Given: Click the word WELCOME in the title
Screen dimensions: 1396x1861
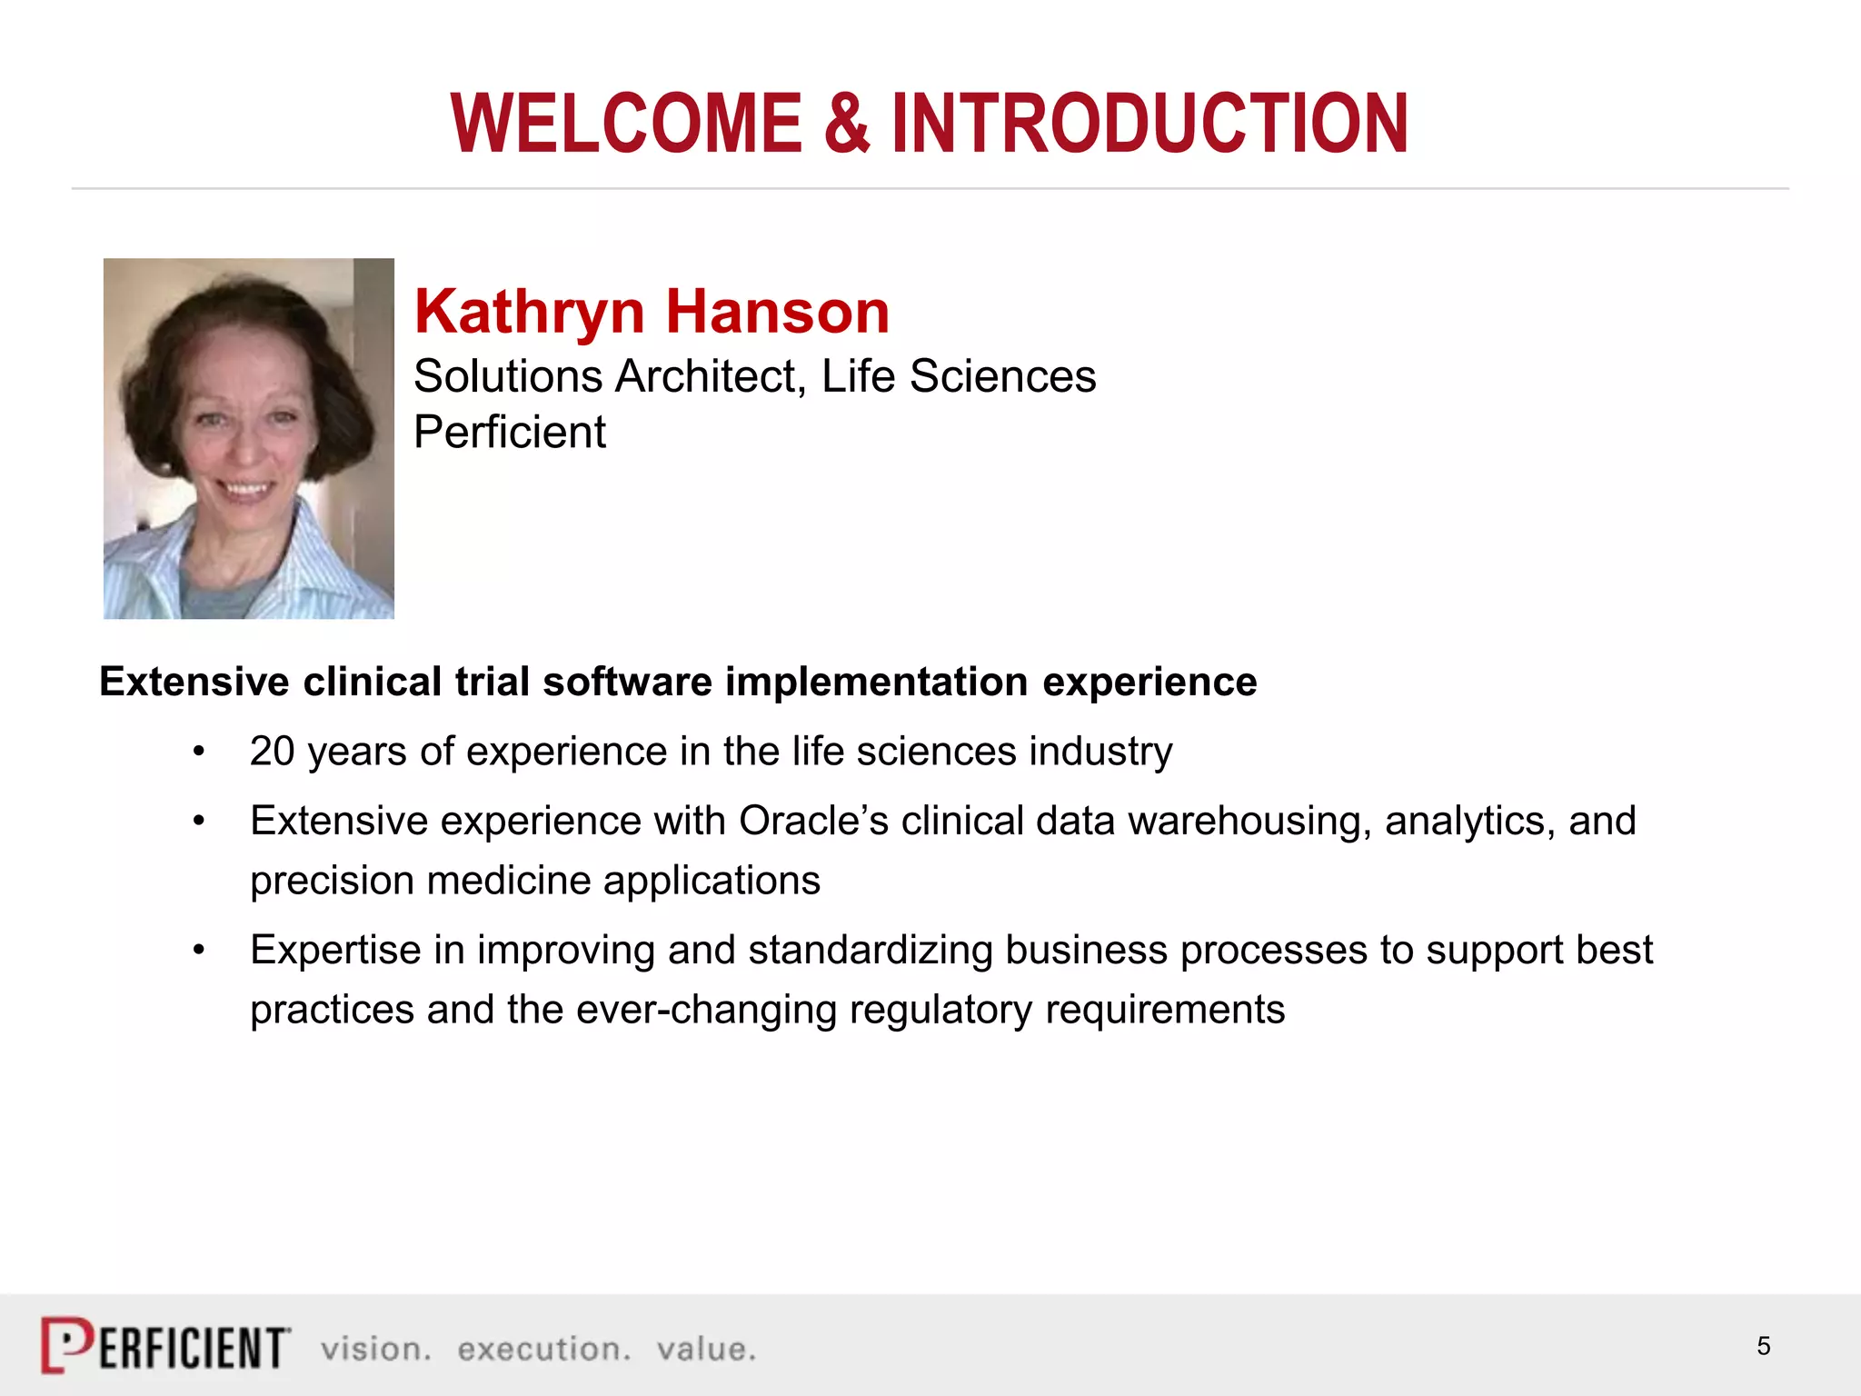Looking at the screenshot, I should click(x=626, y=124).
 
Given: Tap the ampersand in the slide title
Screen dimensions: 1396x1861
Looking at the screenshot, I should click(x=847, y=124).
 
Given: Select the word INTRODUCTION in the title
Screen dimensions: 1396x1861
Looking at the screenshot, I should click(x=1149, y=124).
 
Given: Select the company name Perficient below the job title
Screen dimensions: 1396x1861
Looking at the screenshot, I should click(x=510, y=432).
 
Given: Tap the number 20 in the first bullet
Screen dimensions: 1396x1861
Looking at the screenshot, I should click(x=272, y=752).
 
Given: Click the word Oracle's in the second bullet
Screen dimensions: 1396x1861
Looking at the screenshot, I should click(x=813, y=821).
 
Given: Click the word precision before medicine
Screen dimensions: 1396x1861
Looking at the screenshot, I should click(x=333, y=881).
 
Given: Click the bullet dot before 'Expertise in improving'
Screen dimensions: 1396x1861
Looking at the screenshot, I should click(x=199, y=951).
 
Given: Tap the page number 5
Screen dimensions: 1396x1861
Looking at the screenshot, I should click(x=1763, y=1346).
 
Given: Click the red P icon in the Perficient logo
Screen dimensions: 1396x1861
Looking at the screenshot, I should click(x=66, y=1344).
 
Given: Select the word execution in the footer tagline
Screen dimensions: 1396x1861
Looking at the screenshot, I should click(x=543, y=1349).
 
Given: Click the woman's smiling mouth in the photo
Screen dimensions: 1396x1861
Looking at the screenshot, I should click(x=246, y=489).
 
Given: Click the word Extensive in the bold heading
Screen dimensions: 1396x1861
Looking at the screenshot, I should click(x=194, y=682).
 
